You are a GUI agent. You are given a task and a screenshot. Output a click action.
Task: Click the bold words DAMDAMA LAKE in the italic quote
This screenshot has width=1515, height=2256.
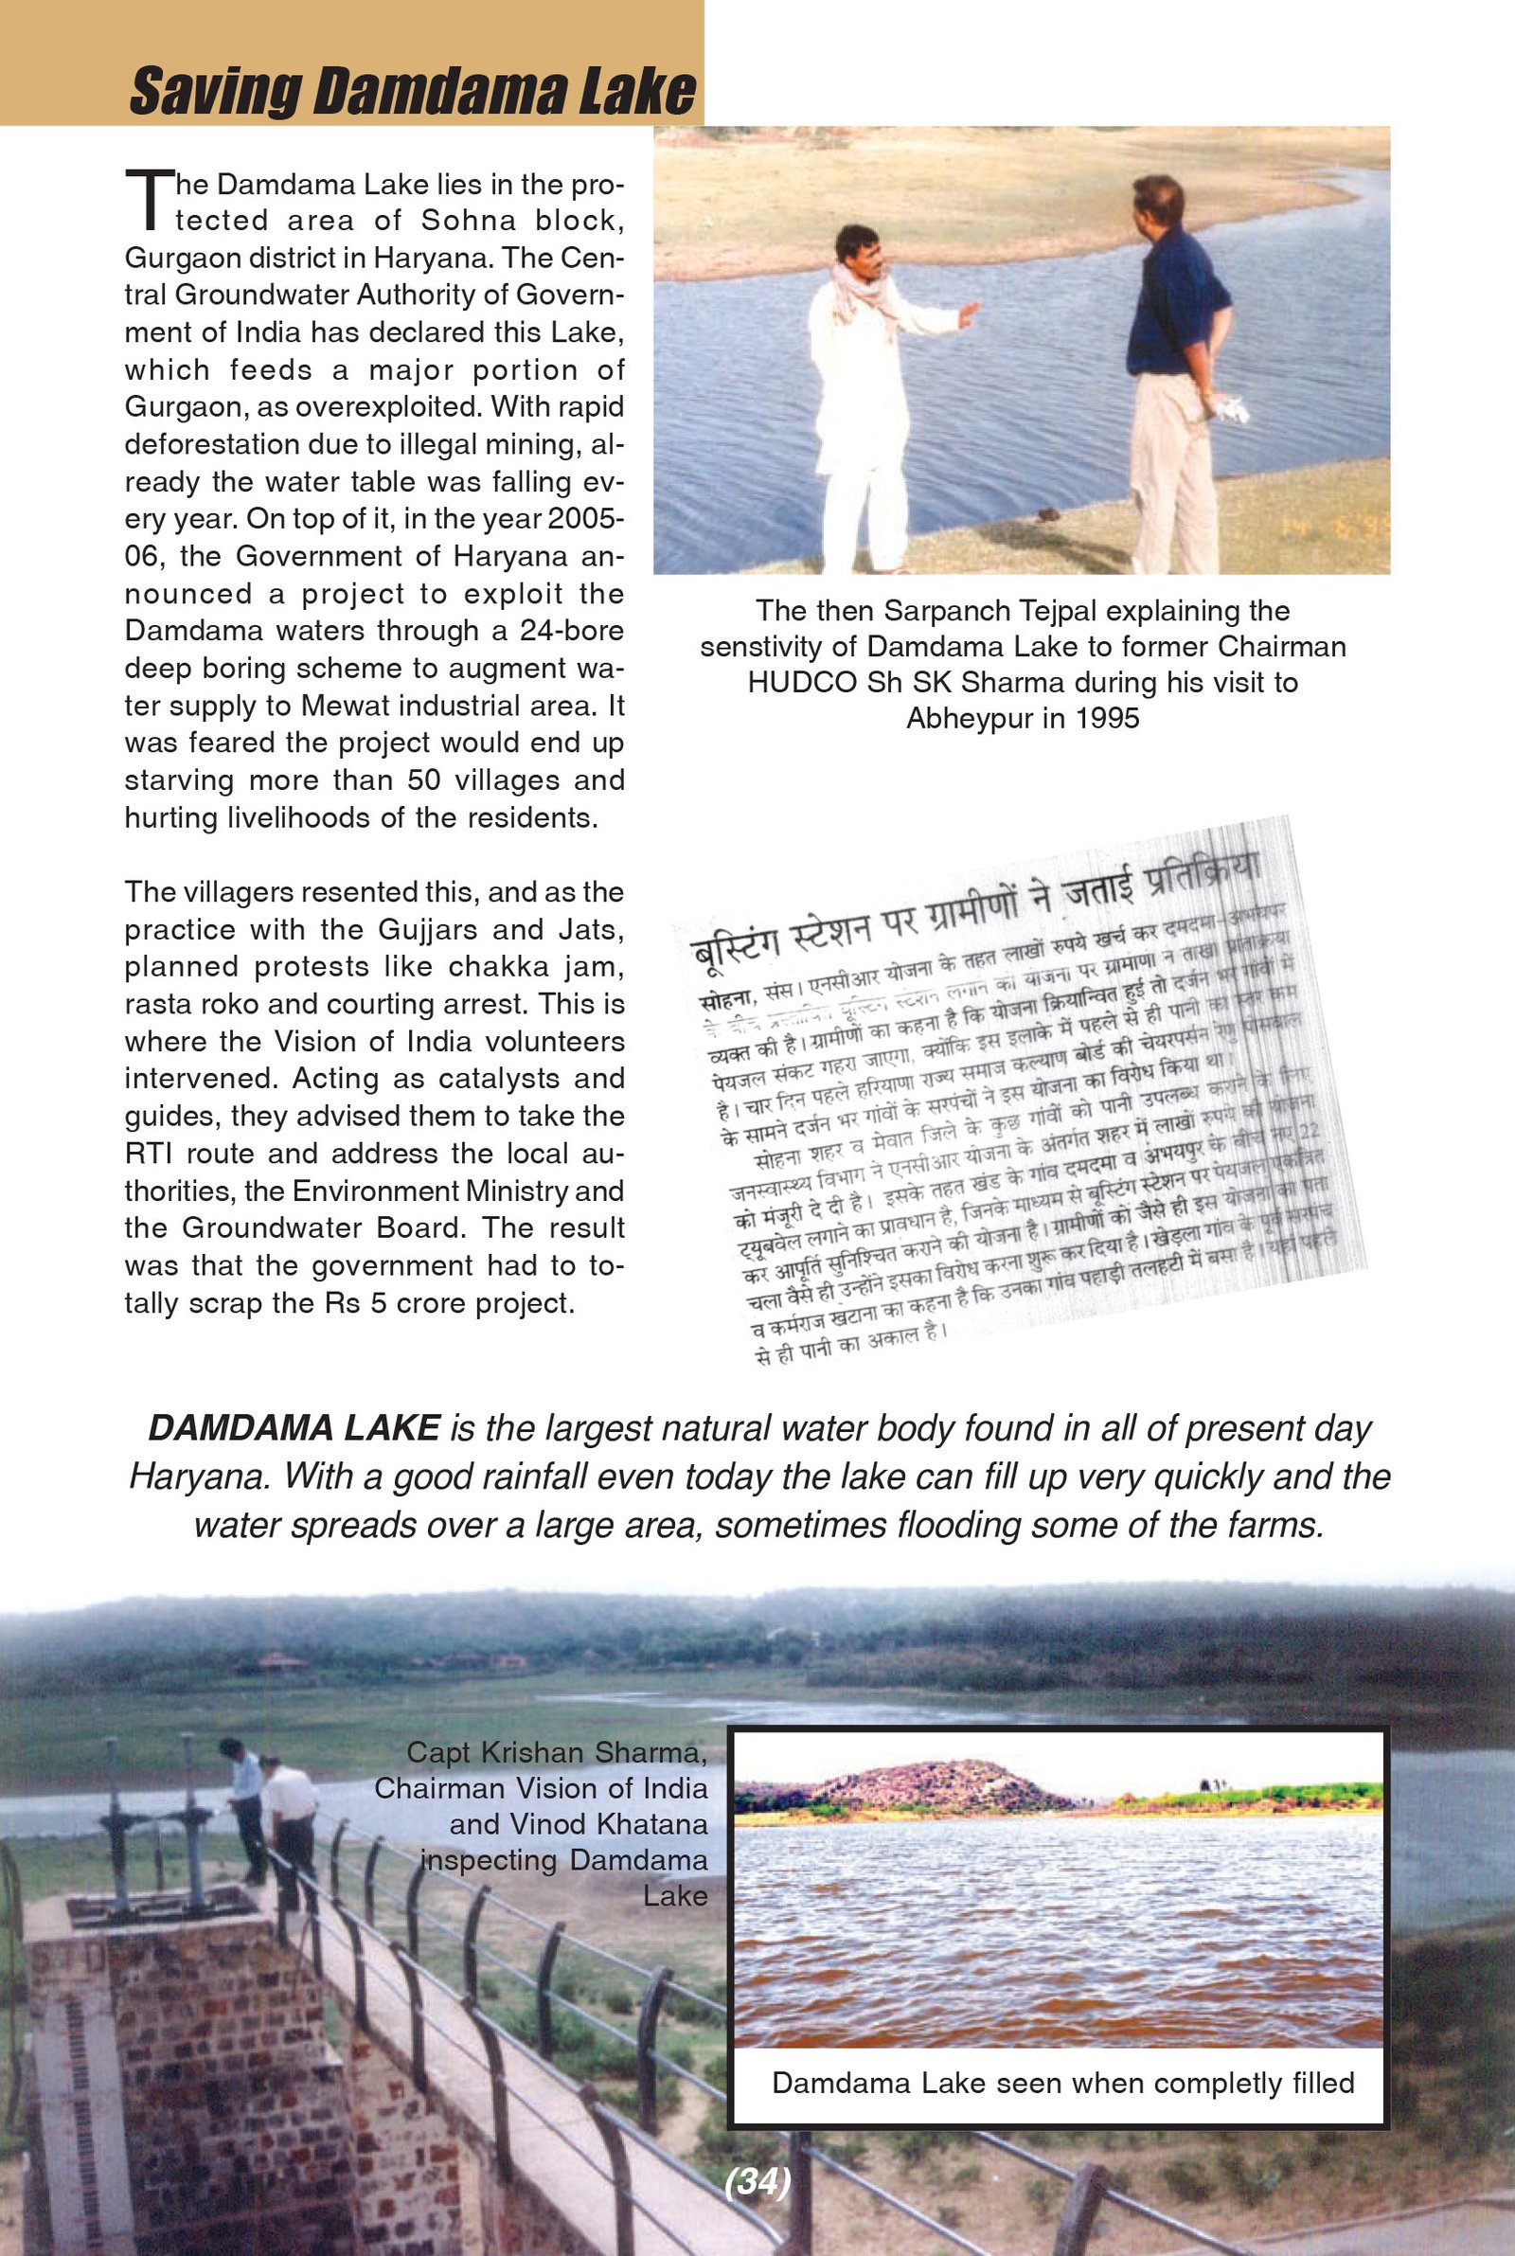tap(294, 1428)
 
